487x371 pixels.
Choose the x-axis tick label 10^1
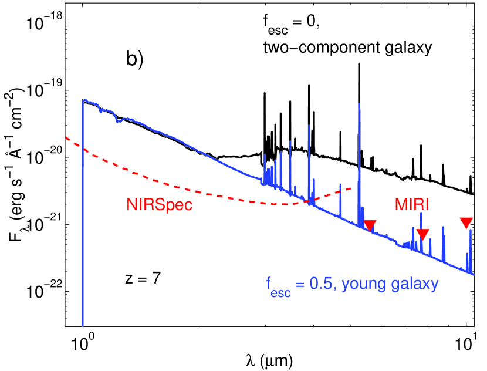click(x=466, y=341)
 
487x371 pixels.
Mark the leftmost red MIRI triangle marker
click(x=370, y=225)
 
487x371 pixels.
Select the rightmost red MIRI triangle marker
click(x=466, y=222)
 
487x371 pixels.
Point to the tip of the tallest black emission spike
click(x=359, y=63)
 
